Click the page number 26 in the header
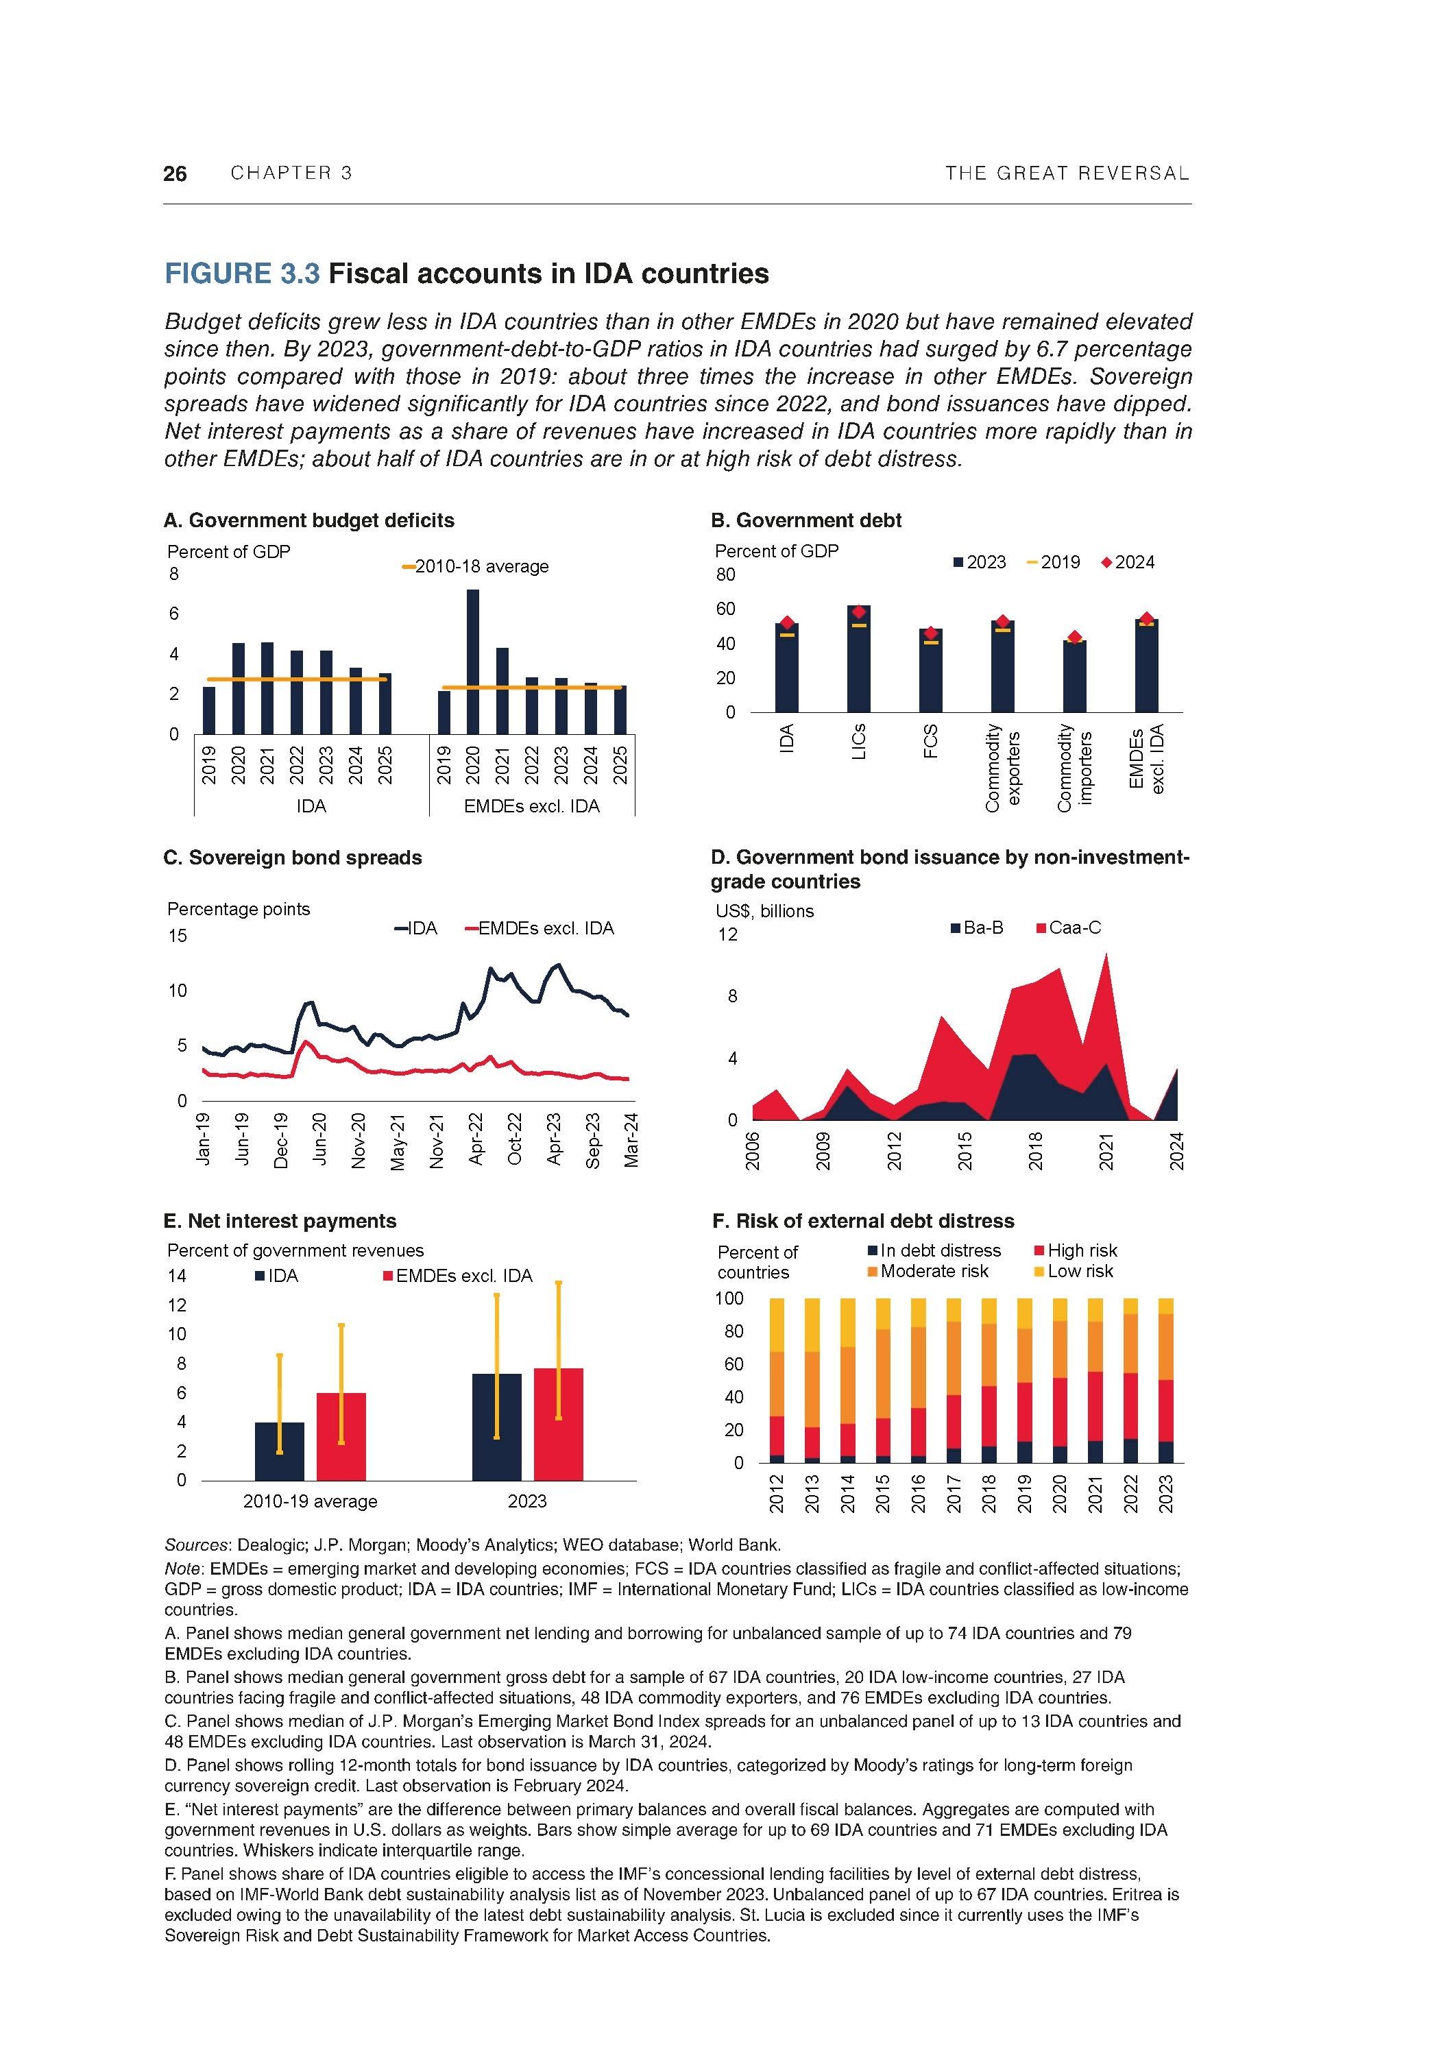[x=175, y=174]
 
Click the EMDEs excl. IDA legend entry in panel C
[x=540, y=928]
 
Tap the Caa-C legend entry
[x=1068, y=928]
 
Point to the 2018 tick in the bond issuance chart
[x=1035, y=1150]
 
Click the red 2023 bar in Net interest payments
[x=558, y=1424]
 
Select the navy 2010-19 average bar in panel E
[x=279, y=1451]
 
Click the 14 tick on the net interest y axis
[x=178, y=1276]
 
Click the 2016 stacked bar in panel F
[x=917, y=1380]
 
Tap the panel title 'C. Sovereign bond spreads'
[x=293, y=858]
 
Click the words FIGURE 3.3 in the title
[x=241, y=273]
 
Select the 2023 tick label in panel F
[x=1165, y=1493]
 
